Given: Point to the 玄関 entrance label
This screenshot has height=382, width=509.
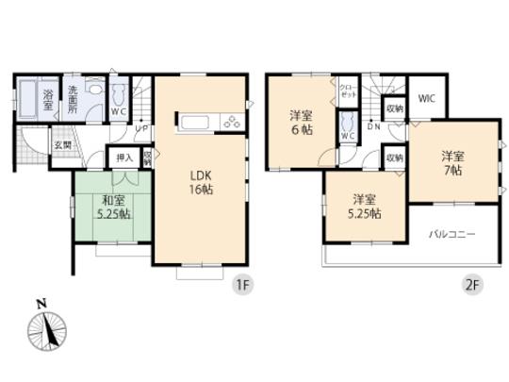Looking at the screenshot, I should [x=62, y=144].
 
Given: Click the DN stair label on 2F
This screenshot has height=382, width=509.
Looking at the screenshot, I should [x=373, y=127].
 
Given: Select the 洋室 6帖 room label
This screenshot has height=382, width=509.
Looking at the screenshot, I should [x=301, y=123].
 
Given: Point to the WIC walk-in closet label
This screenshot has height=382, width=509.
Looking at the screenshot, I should [x=425, y=97].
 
